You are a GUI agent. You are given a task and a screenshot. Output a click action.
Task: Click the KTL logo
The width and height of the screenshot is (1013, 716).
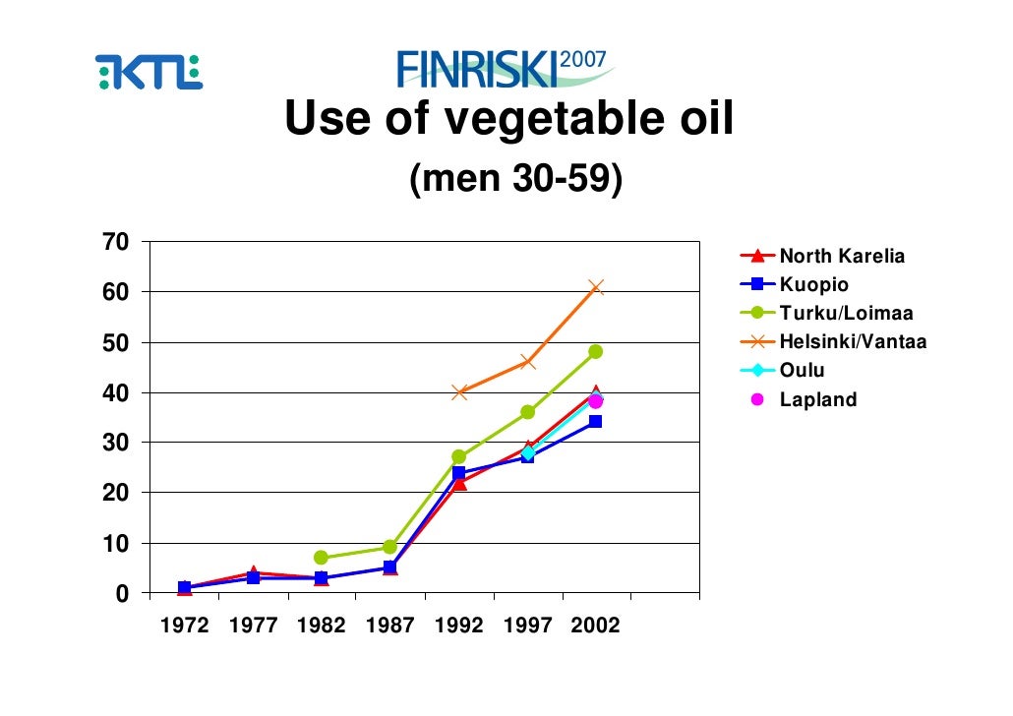tap(149, 72)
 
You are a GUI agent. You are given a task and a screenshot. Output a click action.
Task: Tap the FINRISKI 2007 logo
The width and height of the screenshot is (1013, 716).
tap(505, 68)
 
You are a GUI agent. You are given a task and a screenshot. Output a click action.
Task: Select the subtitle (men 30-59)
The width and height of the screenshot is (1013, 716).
tap(515, 179)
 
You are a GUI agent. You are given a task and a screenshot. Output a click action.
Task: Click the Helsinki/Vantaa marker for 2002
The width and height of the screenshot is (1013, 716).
tap(596, 287)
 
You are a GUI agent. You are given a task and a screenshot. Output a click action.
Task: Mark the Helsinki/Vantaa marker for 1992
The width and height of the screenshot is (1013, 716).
tap(458, 392)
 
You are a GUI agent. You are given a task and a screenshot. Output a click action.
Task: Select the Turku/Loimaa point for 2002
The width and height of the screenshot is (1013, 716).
tap(596, 351)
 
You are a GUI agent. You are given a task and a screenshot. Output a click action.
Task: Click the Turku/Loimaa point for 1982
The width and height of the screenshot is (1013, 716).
tap(321, 558)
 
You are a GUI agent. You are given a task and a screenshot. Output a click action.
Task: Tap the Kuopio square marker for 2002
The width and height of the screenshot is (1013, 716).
tap(596, 422)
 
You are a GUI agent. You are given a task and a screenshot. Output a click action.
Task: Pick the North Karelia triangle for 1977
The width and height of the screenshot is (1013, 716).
tap(253, 573)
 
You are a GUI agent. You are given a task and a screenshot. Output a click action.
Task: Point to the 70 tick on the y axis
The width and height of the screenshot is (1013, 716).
tap(116, 242)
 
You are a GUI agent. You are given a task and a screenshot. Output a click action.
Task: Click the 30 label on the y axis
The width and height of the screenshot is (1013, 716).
tap(116, 443)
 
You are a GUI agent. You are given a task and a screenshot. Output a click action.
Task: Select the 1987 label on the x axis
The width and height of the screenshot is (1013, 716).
tap(389, 626)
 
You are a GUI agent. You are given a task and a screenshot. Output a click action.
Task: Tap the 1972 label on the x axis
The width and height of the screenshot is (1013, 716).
tap(184, 626)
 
